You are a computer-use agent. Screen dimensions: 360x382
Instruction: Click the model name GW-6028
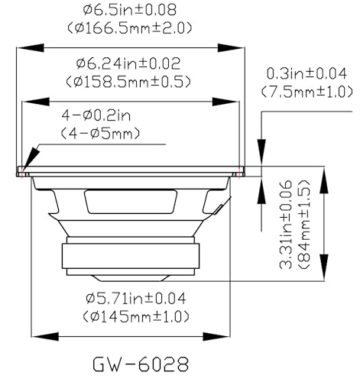point(141,364)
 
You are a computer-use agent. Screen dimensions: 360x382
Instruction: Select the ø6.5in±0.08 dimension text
point(130,10)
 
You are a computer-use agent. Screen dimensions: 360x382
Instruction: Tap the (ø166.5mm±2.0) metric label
point(129,28)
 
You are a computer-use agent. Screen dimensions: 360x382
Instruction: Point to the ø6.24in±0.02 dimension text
point(128,63)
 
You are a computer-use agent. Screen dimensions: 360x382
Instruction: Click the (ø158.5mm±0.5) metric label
point(128,82)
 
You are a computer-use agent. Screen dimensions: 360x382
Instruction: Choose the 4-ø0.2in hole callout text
point(96,115)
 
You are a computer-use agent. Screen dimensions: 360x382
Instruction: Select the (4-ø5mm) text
point(100,134)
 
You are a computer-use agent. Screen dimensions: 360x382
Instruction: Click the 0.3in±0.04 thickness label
point(306,73)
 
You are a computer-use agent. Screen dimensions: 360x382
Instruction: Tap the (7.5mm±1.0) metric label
point(307,92)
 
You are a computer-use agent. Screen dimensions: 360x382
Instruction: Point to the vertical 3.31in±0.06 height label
point(286,225)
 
